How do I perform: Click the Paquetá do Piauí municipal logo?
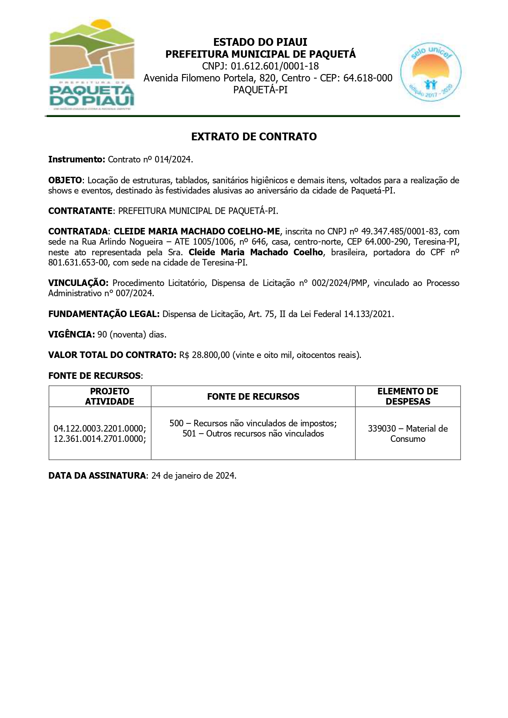(92, 65)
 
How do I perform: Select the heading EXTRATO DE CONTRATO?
(254, 137)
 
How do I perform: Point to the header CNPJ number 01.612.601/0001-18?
(275, 66)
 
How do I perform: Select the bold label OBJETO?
(65, 180)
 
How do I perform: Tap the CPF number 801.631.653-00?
(78, 263)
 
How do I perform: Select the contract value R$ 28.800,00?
(204, 355)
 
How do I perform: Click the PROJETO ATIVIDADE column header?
(109, 396)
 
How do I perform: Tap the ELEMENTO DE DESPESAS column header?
(408, 396)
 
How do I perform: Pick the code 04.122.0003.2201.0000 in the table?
(99, 429)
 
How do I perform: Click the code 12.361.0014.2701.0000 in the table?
(99, 439)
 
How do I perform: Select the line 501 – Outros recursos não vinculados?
(253, 434)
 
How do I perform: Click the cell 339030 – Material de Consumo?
(408, 434)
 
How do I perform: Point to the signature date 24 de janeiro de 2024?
(193, 476)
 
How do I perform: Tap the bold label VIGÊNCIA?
(71, 335)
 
